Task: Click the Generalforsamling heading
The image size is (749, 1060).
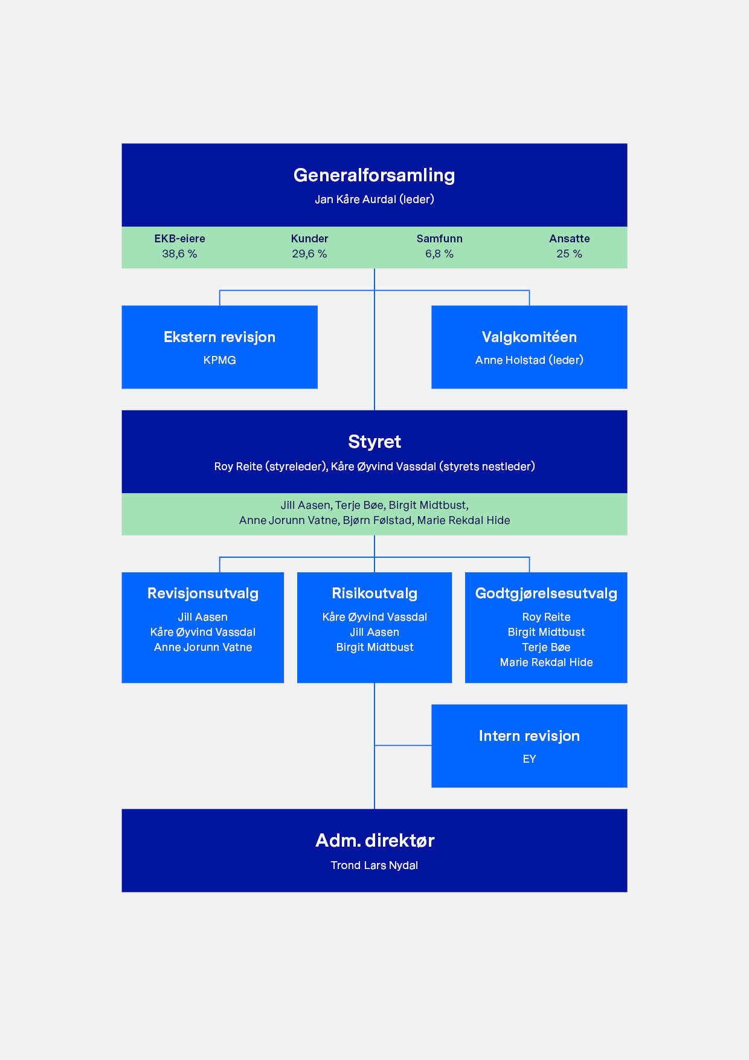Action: pyautogui.click(x=374, y=175)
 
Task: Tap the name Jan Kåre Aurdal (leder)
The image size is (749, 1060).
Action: pyautogui.click(x=374, y=199)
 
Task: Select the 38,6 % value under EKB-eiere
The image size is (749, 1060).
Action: pyautogui.click(x=179, y=254)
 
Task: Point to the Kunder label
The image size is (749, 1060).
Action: pyautogui.click(x=309, y=239)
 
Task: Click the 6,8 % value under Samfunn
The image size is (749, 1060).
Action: pyautogui.click(x=439, y=254)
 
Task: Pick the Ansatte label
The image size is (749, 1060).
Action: pyautogui.click(x=570, y=239)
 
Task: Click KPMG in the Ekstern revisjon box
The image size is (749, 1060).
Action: pyautogui.click(x=220, y=360)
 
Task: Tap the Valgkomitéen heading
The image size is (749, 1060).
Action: pyautogui.click(x=529, y=337)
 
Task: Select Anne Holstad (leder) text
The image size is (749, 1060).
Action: pyautogui.click(x=529, y=360)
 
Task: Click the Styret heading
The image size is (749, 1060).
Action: pyautogui.click(x=374, y=442)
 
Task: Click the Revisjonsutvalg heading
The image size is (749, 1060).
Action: pyautogui.click(x=203, y=593)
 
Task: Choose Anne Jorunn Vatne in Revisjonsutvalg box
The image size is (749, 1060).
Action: pyautogui.click(x=203, y=647)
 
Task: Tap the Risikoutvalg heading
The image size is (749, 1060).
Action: pyautogui.click(x=374, y=593)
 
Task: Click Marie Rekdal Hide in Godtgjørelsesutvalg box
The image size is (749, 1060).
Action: pyautogui.click(x=546, y=662)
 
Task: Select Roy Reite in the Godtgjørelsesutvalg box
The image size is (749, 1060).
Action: pyautogui.click(x=546, y=617)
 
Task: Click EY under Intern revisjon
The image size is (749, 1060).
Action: pyautogui.click(x=529, y=759)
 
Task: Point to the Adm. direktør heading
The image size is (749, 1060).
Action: pyautogui.click(x=374, y=841)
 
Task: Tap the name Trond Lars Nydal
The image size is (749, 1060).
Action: pyautogui.click(x=374, y=865)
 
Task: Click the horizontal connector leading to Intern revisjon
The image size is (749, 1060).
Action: pyautogui.click(x=403, y=745)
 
